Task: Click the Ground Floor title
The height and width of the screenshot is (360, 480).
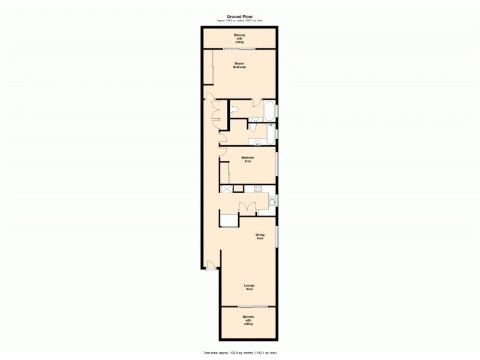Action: coord(239,17)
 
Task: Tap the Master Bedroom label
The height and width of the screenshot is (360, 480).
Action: coord(240,65)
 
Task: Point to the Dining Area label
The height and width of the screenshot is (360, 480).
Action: coord(260,236)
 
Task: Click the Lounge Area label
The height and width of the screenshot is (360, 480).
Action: coord(248,287)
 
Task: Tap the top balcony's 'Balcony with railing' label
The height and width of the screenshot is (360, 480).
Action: coord(239,38)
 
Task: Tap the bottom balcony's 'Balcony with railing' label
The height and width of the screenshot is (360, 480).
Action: coord(248,320)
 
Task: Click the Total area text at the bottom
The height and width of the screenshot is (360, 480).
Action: coord(239,353)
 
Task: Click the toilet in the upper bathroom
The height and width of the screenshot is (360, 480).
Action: coord(235,109)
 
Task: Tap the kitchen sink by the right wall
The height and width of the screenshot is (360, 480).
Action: coord(272,200)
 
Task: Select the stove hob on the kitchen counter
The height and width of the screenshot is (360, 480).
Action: coord(257,188)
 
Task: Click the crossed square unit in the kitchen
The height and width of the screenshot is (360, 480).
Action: coord(227,189)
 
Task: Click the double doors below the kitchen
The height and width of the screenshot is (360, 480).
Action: coord(248,208)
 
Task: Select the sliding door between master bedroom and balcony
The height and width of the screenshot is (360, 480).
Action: coord(239,49)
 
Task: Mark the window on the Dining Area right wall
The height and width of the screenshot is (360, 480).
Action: coord(277,236)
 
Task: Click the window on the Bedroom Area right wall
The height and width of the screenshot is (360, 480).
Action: coord(277,163)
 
